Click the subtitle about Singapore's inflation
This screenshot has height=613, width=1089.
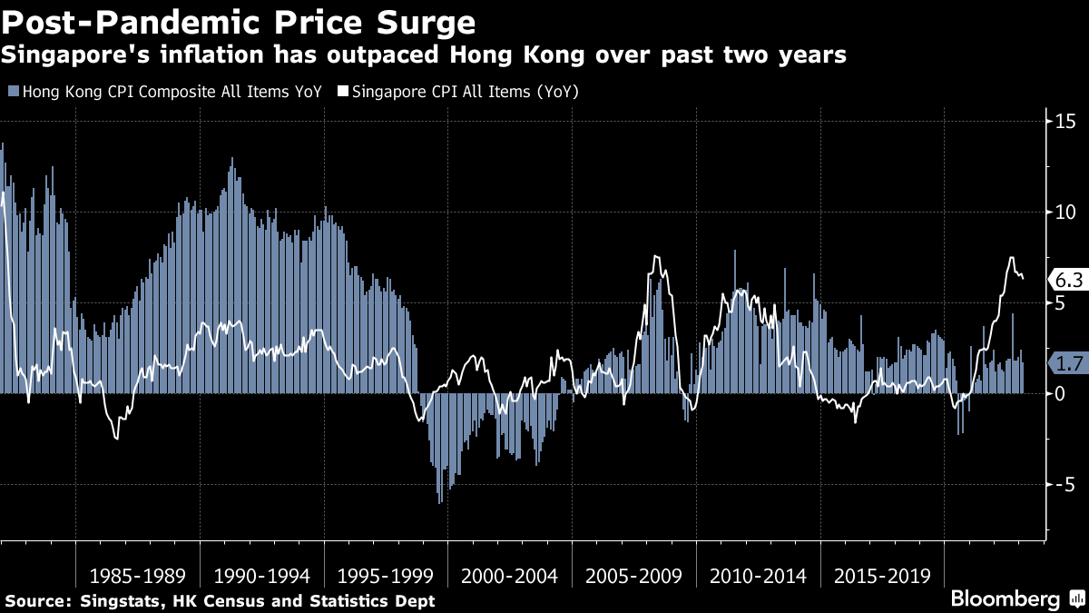click(424, 55)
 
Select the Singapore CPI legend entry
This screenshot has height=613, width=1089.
click(457, 92)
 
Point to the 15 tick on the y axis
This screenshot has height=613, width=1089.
click(1064, 122)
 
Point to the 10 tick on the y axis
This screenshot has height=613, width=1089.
click(1064, 213)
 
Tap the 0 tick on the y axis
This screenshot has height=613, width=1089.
click(1059, 394)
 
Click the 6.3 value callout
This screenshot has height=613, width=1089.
click(1067, 280)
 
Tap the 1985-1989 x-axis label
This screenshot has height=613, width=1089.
click(137, 576)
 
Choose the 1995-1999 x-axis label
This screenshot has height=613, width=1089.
click(386, 576)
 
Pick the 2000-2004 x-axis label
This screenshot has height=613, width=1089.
click(510, 576)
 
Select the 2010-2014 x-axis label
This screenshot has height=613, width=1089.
click(759, 576)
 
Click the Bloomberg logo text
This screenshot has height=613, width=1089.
click(1005, 599)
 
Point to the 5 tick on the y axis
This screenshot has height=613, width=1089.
click(1059, 303)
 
